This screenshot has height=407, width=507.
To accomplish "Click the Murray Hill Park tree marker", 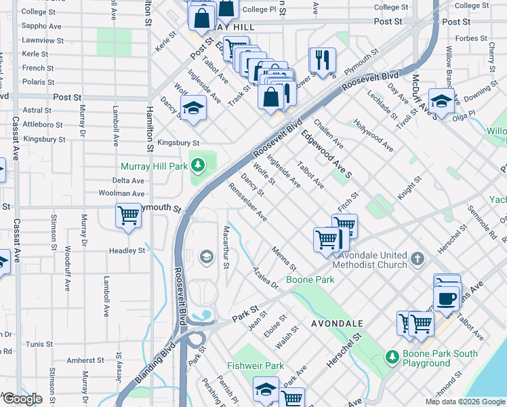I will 197,165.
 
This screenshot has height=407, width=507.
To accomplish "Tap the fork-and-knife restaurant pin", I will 322,60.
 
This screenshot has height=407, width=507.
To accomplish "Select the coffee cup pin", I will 446,298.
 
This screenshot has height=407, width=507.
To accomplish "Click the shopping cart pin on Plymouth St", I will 128,215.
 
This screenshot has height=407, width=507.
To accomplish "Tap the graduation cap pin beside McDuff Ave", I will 441,102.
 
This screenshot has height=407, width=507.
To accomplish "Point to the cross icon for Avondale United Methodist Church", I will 418,259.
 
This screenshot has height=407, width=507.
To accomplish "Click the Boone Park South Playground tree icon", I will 392,356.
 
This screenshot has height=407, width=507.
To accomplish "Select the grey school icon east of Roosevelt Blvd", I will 205,257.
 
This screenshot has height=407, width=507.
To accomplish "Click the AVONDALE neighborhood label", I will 337,324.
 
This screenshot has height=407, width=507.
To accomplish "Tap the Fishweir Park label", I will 256,366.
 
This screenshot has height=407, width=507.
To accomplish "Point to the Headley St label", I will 127,250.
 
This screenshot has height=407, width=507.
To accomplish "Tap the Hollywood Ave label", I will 373,135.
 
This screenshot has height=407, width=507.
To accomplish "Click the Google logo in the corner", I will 22,399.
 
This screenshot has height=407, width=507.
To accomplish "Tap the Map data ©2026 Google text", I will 465,402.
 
